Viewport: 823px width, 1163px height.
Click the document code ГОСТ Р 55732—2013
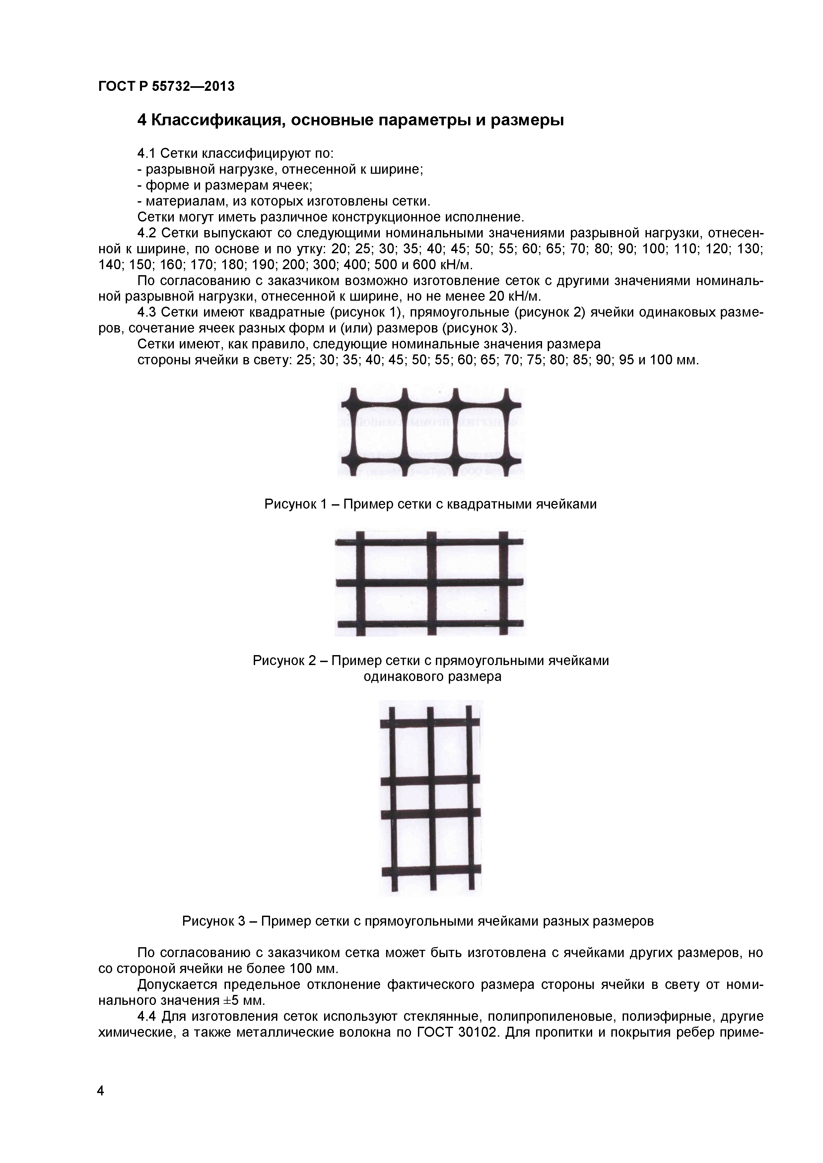(166, 87)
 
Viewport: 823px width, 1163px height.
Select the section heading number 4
(142, 121)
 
